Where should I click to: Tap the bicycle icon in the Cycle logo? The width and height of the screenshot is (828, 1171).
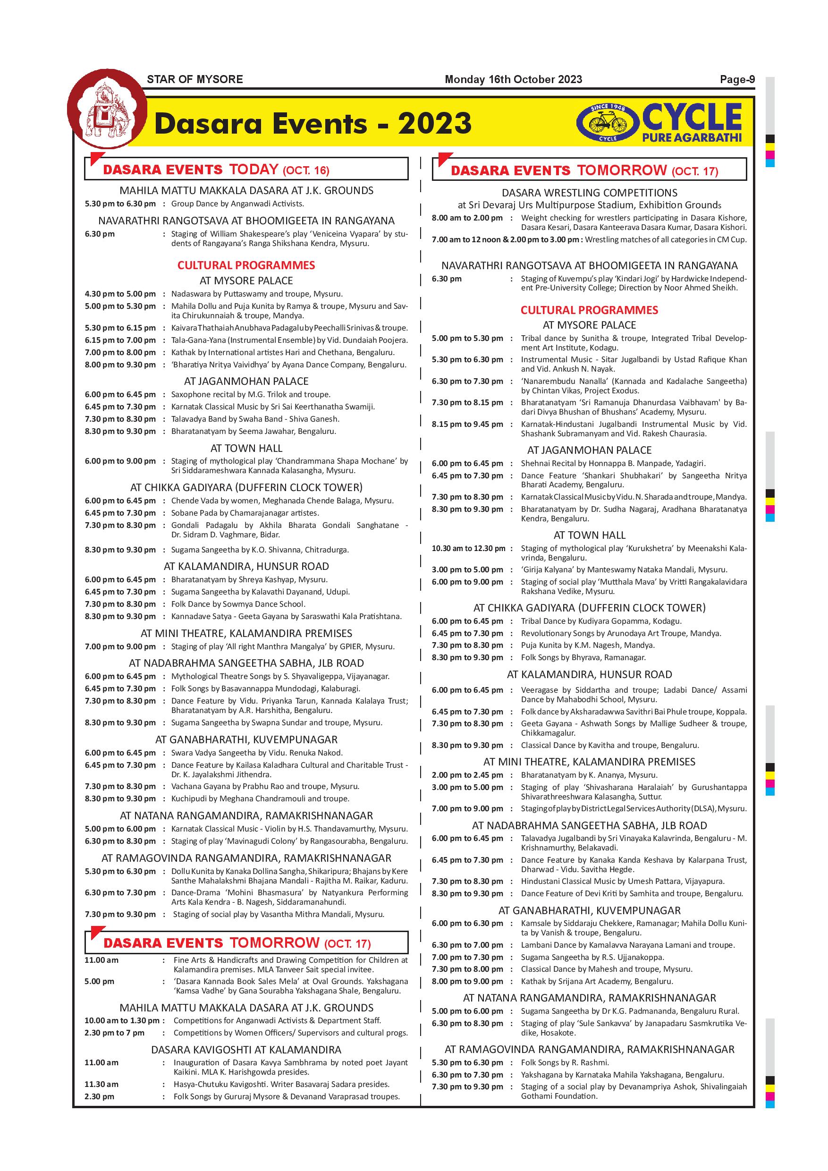click(607, 122)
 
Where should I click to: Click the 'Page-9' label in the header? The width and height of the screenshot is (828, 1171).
click(737, 80)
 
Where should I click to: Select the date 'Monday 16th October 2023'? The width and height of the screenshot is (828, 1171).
click(513, 80)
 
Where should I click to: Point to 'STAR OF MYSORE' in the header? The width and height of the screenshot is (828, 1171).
click(195, 80)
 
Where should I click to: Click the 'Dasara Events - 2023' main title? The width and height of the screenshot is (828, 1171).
click(313, 124)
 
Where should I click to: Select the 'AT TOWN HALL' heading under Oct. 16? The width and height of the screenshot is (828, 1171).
click(246, 448)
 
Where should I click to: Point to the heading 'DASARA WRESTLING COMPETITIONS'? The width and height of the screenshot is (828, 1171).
click(590, 193)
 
